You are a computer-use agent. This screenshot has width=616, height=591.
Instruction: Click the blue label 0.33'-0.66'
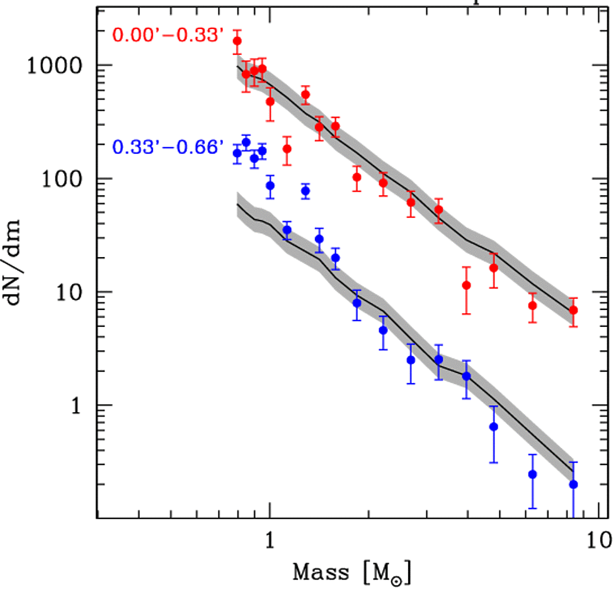pos(168,148)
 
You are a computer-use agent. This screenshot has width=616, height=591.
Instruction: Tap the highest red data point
pos(237,41)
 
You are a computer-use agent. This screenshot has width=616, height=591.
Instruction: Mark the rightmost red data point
pos(573,310)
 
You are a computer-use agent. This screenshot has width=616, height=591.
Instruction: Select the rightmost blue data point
pos(573,484)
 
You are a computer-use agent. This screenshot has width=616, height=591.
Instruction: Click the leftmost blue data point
pos(237,153)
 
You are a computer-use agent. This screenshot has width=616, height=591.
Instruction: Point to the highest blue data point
pos(246,142)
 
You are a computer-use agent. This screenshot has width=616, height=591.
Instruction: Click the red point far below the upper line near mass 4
pos(466,285)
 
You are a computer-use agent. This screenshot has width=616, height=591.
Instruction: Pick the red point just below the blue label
pos(287,149)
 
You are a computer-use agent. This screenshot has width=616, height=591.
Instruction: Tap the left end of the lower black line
pos(237,204)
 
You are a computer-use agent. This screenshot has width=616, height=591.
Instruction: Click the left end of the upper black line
pos(237,66)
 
